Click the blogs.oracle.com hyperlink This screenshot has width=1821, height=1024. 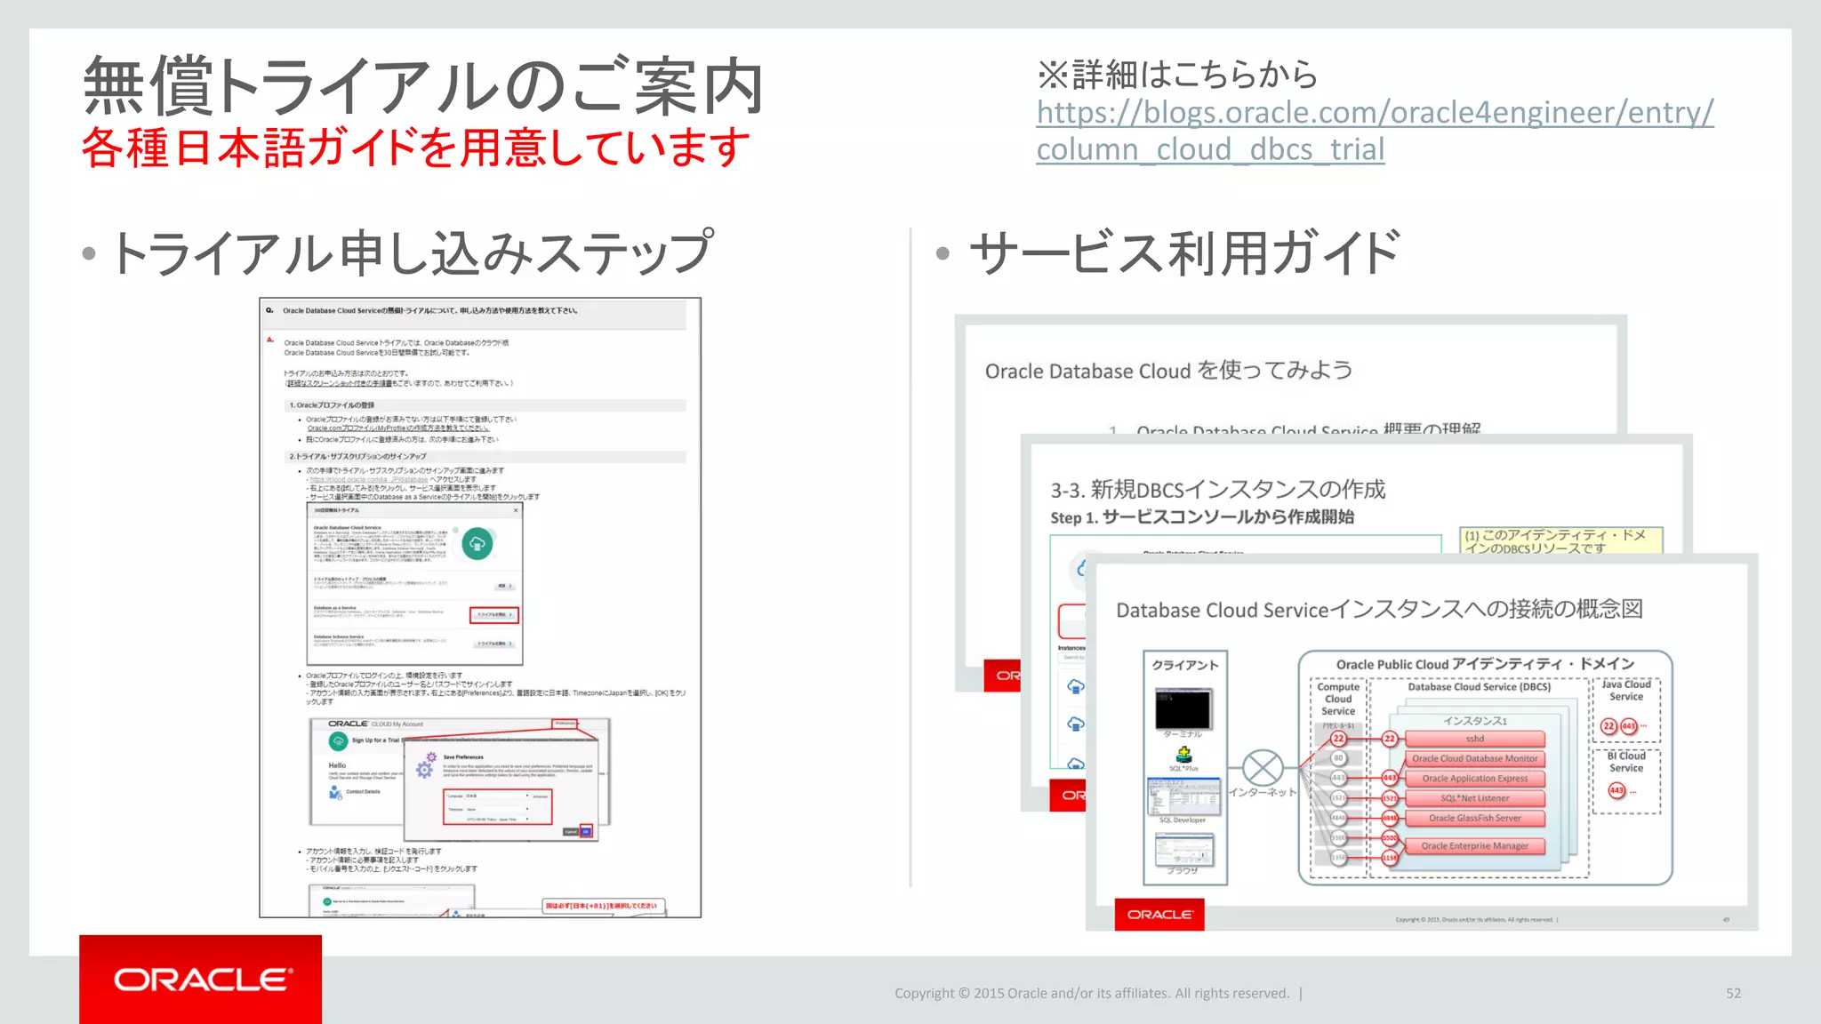[1374, 113]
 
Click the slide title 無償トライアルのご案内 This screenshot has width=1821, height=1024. [423, 86]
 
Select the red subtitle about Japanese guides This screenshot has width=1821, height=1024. [416, 148]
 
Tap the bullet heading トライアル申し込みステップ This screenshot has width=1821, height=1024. [411, 253]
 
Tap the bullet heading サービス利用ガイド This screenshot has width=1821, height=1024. [1183, 253]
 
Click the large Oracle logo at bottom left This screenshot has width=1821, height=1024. [201, 980]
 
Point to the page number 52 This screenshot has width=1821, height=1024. [1733, 993]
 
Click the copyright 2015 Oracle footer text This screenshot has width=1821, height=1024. [1091, 993]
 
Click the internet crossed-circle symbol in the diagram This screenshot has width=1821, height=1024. [1262, 768]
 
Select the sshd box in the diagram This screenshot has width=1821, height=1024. [1474, 739]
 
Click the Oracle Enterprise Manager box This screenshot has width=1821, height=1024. [1474, 846]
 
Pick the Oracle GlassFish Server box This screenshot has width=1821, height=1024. [1474, 818]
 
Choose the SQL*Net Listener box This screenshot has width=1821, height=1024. [1474, 798]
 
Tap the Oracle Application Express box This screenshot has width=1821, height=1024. [1474, 779]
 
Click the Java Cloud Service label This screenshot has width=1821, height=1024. [1625, 691]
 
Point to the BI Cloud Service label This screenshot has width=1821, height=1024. [1625, 762]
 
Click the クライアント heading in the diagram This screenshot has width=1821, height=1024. [1185, 665]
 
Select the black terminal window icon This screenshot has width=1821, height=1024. [1183, 709]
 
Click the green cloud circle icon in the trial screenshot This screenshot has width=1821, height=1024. [477, 543]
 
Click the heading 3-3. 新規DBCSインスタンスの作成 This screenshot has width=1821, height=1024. [1217, 490]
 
